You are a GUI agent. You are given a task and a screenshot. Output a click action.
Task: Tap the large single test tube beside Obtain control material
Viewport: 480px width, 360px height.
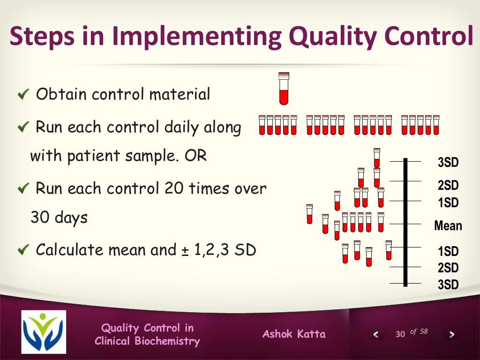(284, 89)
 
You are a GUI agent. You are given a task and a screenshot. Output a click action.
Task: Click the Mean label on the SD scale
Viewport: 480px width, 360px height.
(448, 226)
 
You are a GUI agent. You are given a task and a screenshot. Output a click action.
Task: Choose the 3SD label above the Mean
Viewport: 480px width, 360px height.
(448, 163)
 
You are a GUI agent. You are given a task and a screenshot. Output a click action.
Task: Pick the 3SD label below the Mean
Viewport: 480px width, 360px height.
(448, 284)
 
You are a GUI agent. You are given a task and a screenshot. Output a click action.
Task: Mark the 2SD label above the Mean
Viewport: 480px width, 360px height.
(448, 185)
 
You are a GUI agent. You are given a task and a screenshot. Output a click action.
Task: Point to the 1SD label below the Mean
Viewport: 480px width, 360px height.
(448, 251)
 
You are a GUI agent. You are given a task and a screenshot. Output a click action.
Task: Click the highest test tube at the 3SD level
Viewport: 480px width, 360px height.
(377, 157)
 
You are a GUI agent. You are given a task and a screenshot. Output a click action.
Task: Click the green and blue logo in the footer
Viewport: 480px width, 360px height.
(44, 332)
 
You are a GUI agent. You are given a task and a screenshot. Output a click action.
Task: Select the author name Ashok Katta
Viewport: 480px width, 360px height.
(294, 334)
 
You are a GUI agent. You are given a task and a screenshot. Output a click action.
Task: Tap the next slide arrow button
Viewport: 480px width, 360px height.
(451, 334)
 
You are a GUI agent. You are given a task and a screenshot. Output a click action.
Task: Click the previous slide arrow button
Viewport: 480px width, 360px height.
(375, 334)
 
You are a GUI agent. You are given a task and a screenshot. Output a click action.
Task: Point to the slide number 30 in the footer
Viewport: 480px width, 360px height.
(400, 334)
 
